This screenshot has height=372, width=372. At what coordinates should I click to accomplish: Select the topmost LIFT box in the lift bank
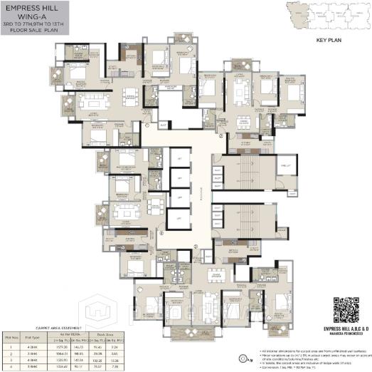pos(179,157)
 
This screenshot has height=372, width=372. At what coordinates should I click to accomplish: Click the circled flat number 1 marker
pos(147,126)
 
